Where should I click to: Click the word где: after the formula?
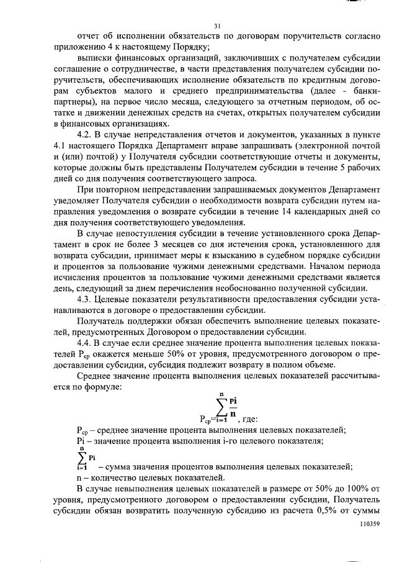[x=252, y=419]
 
